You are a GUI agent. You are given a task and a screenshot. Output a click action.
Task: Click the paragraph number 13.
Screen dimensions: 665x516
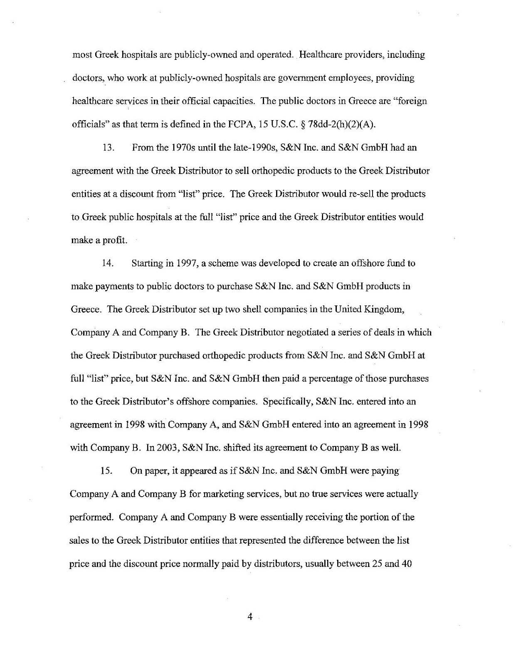click(108, 148)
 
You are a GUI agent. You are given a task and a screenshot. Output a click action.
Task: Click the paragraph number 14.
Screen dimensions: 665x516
click(108, 264)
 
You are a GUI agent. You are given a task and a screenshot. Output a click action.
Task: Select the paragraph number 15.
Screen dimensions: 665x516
click(107, 471)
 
